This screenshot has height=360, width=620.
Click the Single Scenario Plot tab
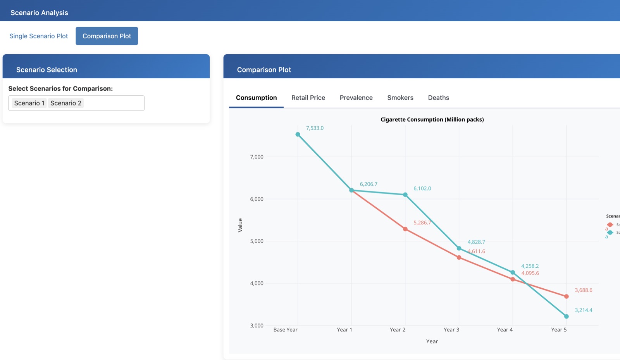tap(38, 36)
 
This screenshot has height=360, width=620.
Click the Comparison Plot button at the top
tap(107, 36)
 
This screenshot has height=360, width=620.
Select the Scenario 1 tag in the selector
tap(29, 103)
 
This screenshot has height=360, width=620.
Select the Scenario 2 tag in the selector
tap(65, 103)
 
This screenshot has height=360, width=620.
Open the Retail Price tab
tap(308, 98)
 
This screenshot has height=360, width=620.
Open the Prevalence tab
tap(356, 98)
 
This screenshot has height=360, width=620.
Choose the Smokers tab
tap(400, 98)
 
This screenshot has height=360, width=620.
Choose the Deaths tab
tap(438, 98)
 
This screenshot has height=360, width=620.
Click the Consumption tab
tap(256, 98)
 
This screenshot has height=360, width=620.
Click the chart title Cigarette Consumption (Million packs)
tap(432, 119)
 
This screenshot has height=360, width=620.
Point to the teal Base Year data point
tap(298, 134)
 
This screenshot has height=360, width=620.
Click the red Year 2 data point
tap(405, 229)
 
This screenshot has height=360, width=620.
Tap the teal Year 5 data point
tap(566, 317)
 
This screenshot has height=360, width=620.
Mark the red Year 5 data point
tap(566, 296)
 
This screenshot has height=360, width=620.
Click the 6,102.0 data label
tap(422, 189)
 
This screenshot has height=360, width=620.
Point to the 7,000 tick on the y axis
tap(257, 157)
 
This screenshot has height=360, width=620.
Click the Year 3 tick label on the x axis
tap(451, 330)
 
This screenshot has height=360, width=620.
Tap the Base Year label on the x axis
tap(285, 330)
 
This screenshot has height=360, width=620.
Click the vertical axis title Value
tap(240, 225)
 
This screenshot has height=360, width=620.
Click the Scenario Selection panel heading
tap(46, 70)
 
